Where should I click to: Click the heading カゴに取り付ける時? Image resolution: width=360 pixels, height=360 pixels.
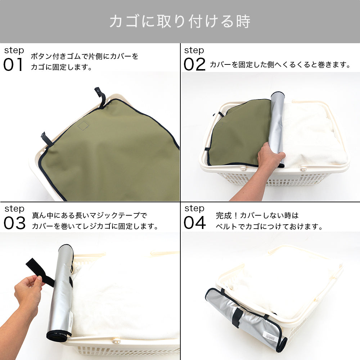(x=180, y=21)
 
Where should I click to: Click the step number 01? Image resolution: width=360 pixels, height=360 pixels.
(x=13, y=64)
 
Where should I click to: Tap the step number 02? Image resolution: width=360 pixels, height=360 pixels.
(x=194, y=64)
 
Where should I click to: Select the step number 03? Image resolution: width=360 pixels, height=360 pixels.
(x=14, y=223)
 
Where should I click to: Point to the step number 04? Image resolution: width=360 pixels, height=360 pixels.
(x=194, y=223)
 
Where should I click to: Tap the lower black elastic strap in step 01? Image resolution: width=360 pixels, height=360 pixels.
(x=46, y=139)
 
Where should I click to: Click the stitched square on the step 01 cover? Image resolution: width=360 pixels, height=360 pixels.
(x=83, y=125)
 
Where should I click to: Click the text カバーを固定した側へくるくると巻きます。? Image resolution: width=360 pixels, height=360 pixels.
(x=280, y=65)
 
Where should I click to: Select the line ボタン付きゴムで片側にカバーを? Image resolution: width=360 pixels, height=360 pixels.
(x=85, y=56)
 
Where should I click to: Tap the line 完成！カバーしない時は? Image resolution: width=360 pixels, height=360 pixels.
(x=257, y=215)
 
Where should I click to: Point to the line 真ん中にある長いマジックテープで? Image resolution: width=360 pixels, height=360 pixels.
(x=90, y=215)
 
